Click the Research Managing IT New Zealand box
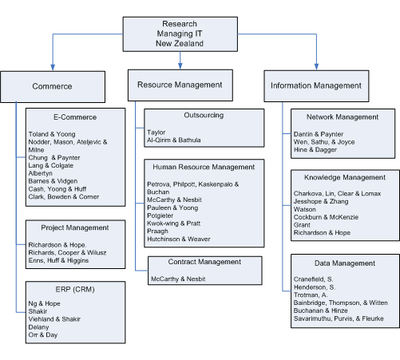(x=180, y=34)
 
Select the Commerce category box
(x=53, y=87)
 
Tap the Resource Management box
(x=180, y=85)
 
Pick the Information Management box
(x=316, y=86)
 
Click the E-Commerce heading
(x=75, y=117)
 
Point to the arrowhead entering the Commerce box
(x=53, y=67)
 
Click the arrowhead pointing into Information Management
(x=316, y=67)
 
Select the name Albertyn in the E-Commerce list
(x=41, y=173)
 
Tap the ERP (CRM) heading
(x=75, y=289)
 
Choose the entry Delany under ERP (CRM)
(x=38, y=327)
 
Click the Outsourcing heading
(x=204, y=115)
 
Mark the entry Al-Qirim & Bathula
(x=174, y=140)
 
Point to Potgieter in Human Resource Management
(x=160, y=216)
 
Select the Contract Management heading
(x=204, y=262)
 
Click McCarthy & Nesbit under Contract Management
(x=178, y=279)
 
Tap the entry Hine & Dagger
(x=315, y=149)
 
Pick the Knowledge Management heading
(x=345, y=177)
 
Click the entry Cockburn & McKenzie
(x=326, y=217)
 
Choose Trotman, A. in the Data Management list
(x=311, y=295)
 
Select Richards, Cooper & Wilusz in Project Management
(x=67, y=252)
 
